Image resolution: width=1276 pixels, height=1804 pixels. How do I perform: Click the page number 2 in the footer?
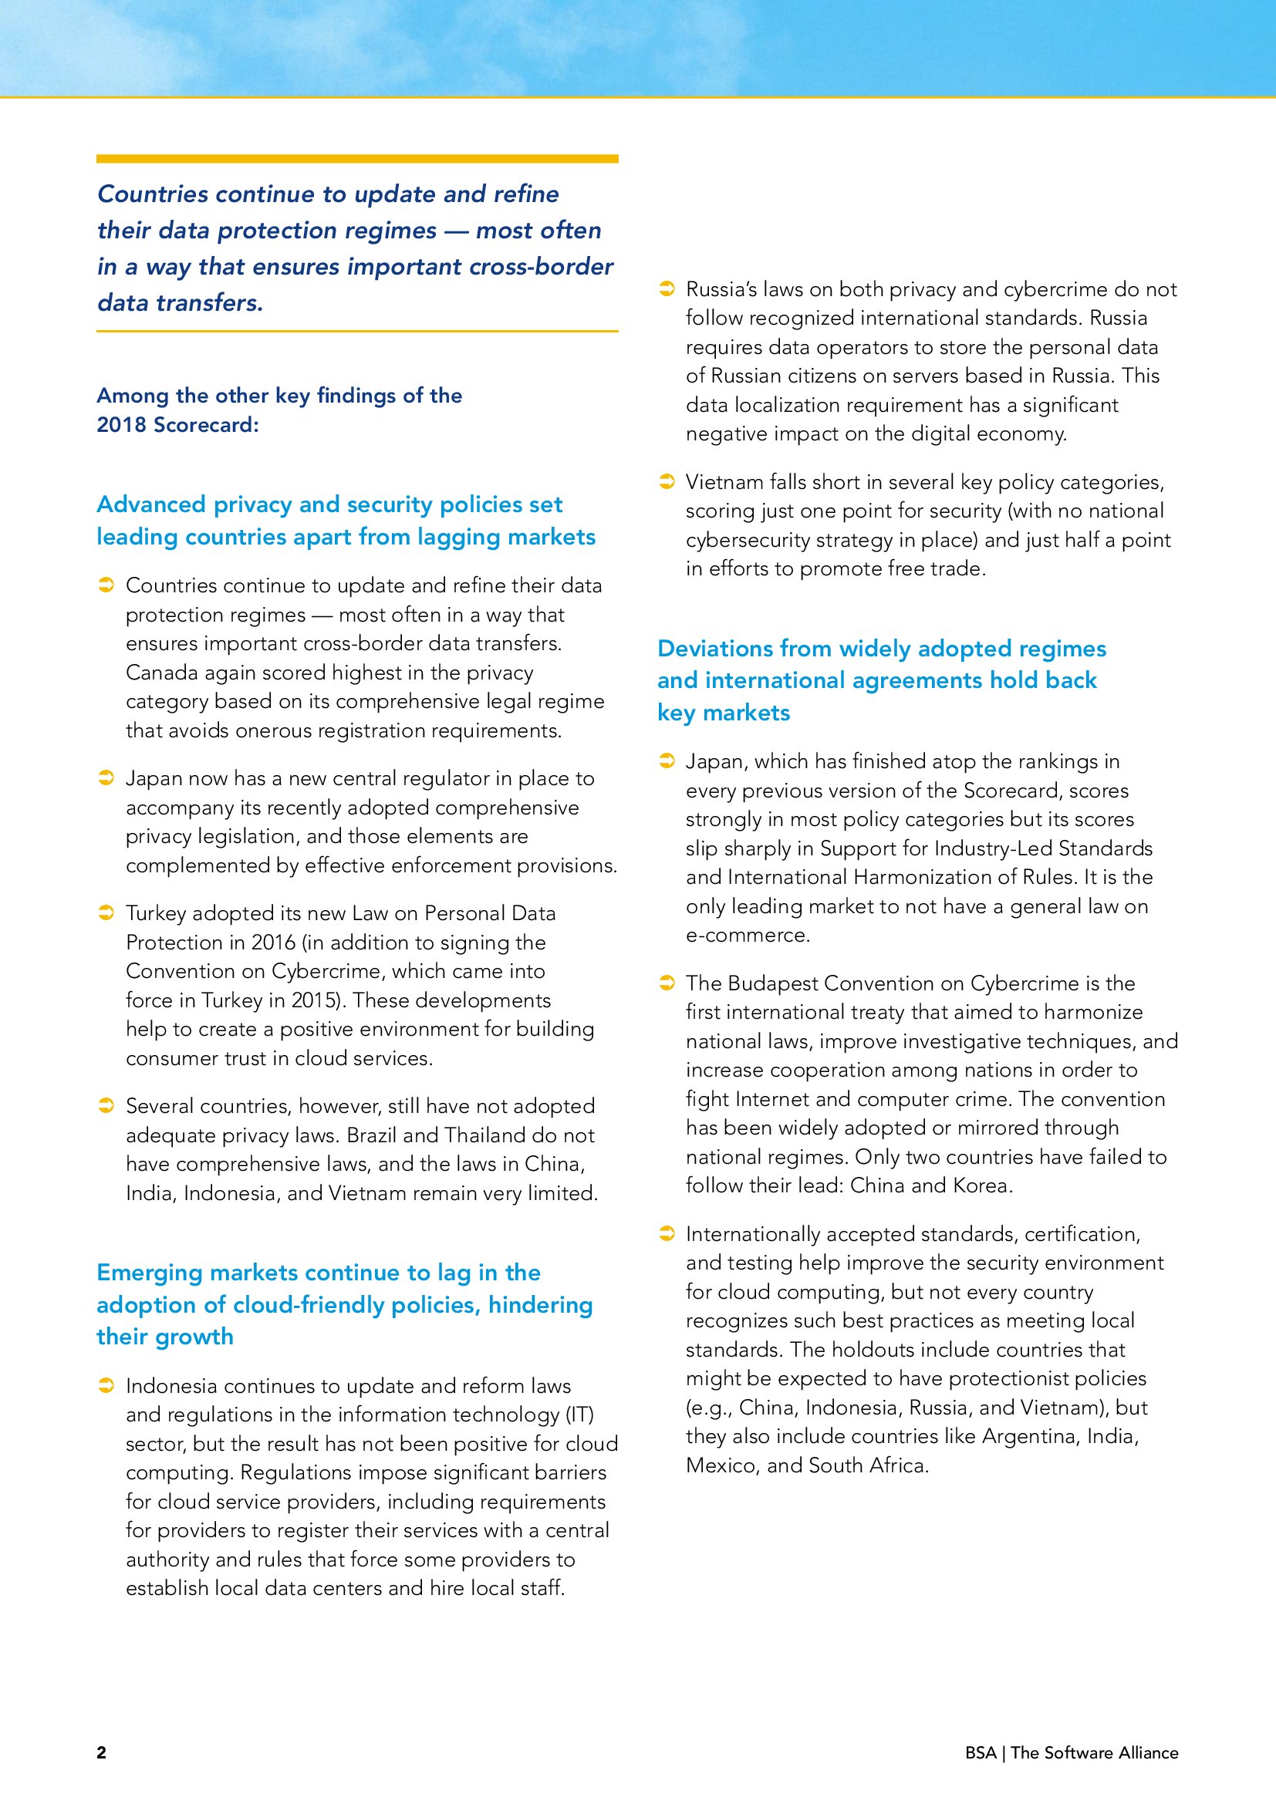point(101,1752)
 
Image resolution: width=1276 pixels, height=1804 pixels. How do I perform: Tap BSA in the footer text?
point(981,1752)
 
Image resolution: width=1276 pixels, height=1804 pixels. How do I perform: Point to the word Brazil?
point(373,1135)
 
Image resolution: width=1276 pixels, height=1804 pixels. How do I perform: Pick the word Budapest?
point(773,983)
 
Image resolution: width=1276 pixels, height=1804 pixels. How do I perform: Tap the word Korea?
point(981,1185)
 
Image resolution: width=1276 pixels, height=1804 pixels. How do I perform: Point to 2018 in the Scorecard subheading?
point(122,425)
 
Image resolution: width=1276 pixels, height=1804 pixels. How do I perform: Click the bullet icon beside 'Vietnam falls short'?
point(667,481)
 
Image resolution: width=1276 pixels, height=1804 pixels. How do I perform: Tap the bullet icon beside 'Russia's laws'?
point(667,288)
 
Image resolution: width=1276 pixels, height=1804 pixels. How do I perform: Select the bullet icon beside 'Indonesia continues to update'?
point(106,1385)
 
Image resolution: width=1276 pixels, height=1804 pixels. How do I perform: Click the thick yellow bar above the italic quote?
point(356,159)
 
